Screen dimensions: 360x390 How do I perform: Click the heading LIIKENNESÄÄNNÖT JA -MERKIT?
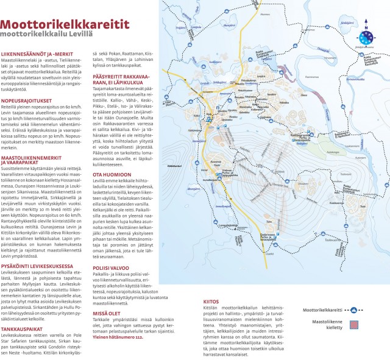coord(40,54)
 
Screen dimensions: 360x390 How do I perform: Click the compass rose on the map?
coord(366,37)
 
